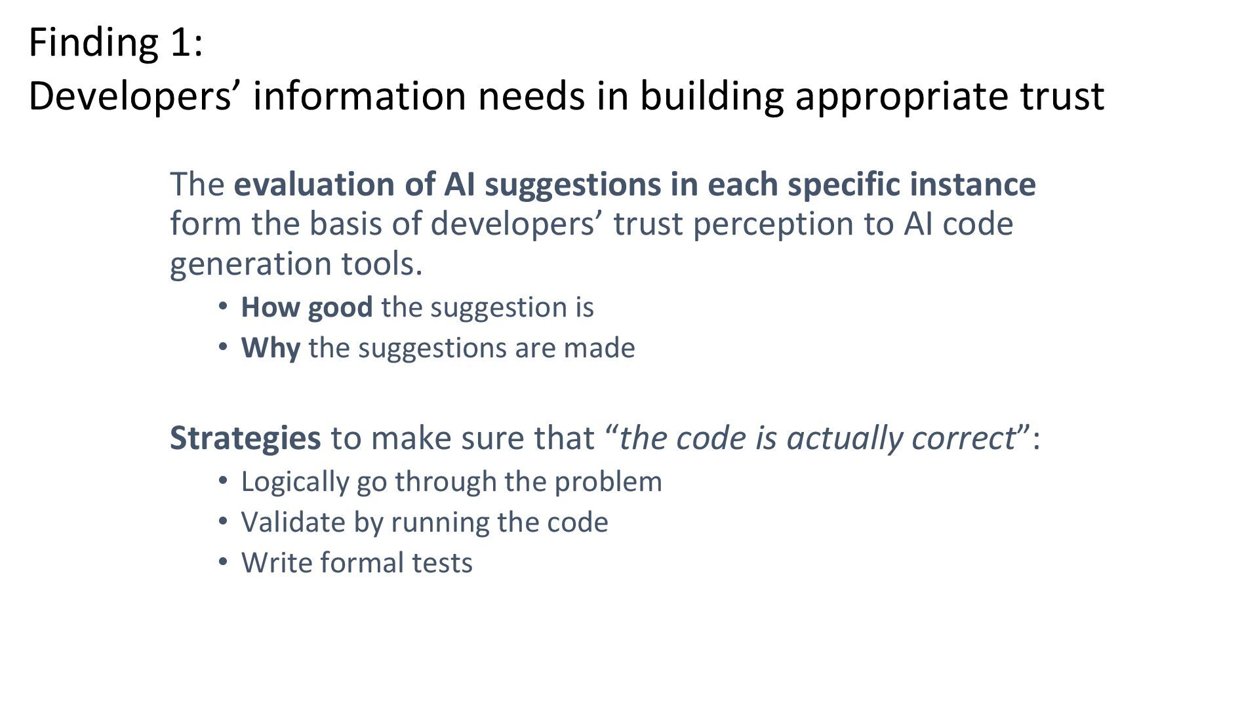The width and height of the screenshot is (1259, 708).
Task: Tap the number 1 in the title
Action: [x=182, y=43]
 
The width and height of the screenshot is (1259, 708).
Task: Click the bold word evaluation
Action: [x=314, y=184]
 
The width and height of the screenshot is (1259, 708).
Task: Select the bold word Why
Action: [x=270, y=348]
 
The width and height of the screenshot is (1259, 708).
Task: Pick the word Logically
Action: [x=294, y=482]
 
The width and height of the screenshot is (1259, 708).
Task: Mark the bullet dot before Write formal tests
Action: [x=223, y=562]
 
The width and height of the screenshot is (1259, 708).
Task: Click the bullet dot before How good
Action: [x=223, y=306]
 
